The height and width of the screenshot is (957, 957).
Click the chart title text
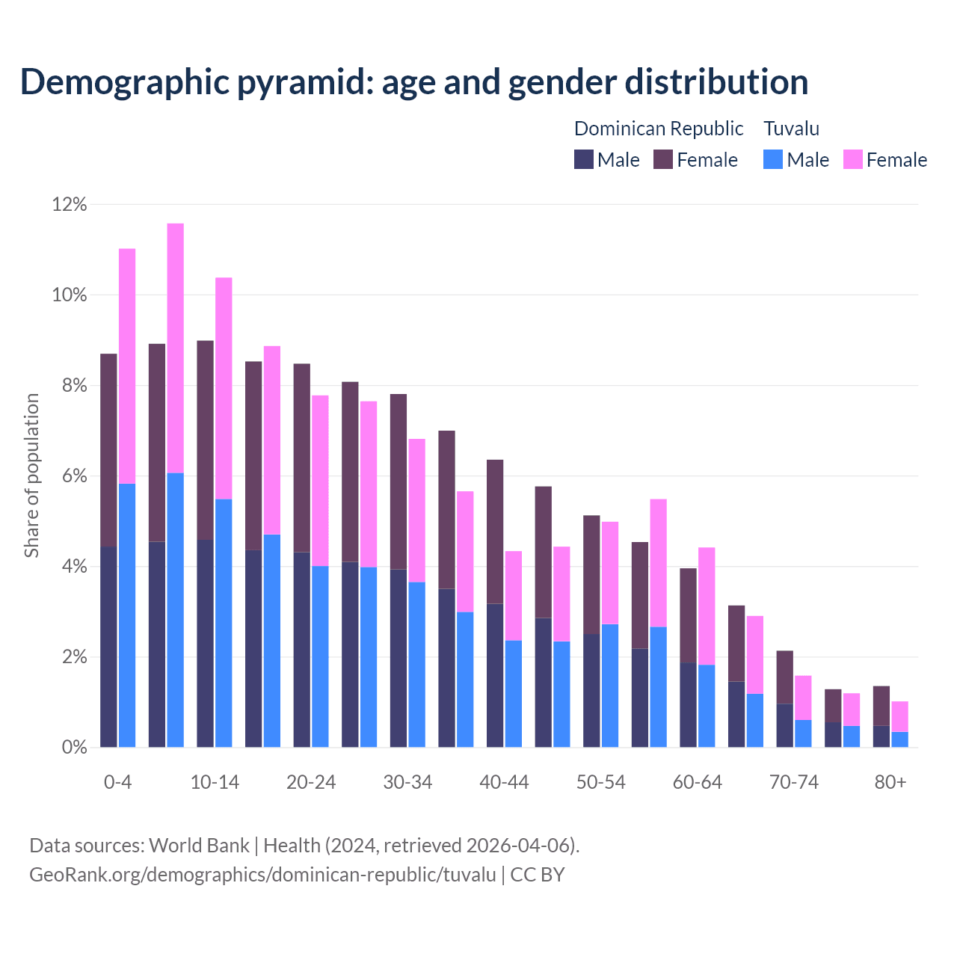[x=414, y=82]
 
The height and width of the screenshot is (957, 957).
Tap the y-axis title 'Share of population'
[x=31, y=476]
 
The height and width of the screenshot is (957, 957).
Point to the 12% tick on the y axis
[x=70, y=205]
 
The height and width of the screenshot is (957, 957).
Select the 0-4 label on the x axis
[x=117, y=783]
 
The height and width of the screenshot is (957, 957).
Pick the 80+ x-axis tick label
[x=890, y=783]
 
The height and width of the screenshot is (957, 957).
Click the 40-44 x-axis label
[x=504, y=783]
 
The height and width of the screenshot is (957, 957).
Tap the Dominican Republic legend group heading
[x=658, y=129]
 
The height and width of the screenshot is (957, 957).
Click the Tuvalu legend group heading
[x=791, y=129]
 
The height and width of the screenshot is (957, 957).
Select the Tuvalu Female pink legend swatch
[x=852, y=160]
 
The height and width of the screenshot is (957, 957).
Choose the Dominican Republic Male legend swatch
[x=583, y=160]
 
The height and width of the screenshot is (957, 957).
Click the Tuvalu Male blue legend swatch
[x=773, y=160]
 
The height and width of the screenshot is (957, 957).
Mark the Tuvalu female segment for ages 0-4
[x=127, y=366]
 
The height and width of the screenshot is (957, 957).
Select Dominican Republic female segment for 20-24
[x=302, y=458]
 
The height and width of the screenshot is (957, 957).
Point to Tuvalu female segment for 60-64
[x=707, y=606]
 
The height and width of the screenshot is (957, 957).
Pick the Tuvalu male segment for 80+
[x=899, y=739]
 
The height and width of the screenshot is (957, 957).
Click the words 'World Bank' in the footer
[x=199, y=846]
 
